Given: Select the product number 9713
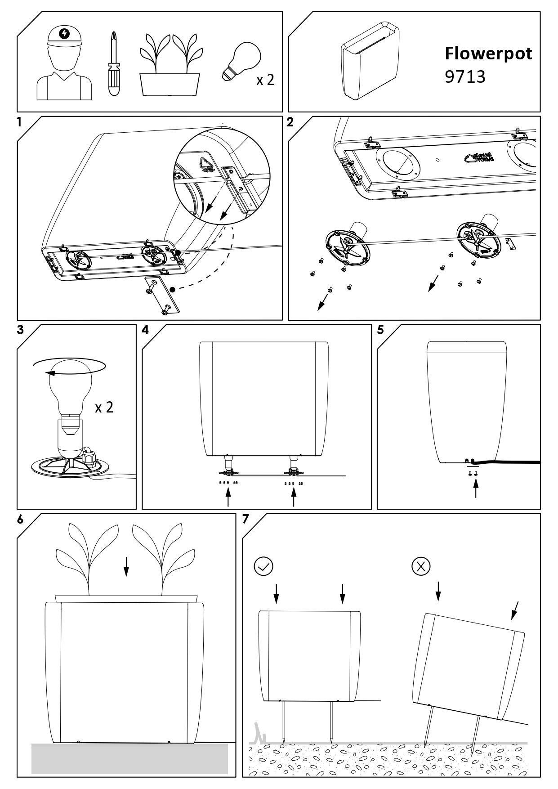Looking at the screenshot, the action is pyautogui.click(x=465, y=77).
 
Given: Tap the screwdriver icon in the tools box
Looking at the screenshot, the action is pyautogui.click(x=114, y=63).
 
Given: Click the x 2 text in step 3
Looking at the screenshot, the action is pyautogui.click(x=104, y=408).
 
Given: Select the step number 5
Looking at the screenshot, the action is pyautogui.click(x=380, y=330).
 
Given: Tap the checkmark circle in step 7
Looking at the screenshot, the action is pyautogui.click(x=263, y=567).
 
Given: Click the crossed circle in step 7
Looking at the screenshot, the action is pyautogui.click(x=421, y=566).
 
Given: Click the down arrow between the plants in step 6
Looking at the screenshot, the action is pyautogui.click(x=126, y=566).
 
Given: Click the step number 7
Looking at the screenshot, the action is pyautogui.click(x=246, y=519).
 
